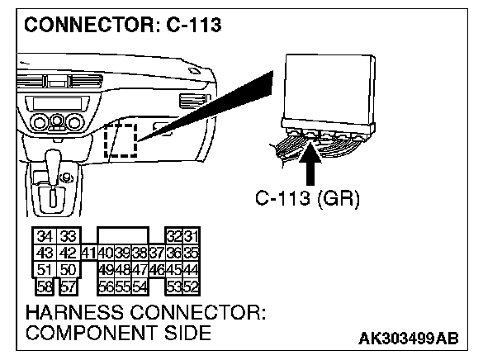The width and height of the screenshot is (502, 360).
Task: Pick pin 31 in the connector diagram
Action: (192, 237)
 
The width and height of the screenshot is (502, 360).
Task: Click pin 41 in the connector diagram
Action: (88, 253)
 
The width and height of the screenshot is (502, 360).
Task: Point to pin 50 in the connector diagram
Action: (68, 269)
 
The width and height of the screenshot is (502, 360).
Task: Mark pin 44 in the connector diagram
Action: (192, 269)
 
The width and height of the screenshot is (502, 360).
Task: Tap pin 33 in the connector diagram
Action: (68, 237)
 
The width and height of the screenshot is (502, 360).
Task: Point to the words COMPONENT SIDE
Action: (119, 334)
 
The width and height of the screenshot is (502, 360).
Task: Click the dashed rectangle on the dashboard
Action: (122, 139)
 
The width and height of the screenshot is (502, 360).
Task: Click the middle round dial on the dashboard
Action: (57, 123)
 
